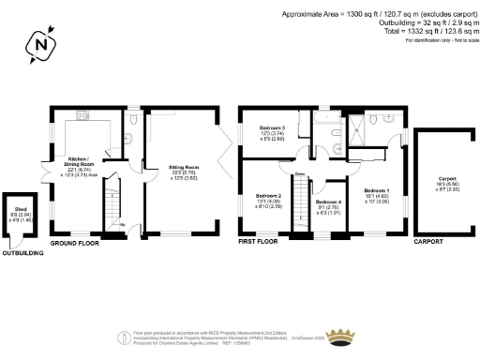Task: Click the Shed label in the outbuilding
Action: click(18, 213)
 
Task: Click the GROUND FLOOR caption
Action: click(75, 242)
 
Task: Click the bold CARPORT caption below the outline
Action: click(427, 242)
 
